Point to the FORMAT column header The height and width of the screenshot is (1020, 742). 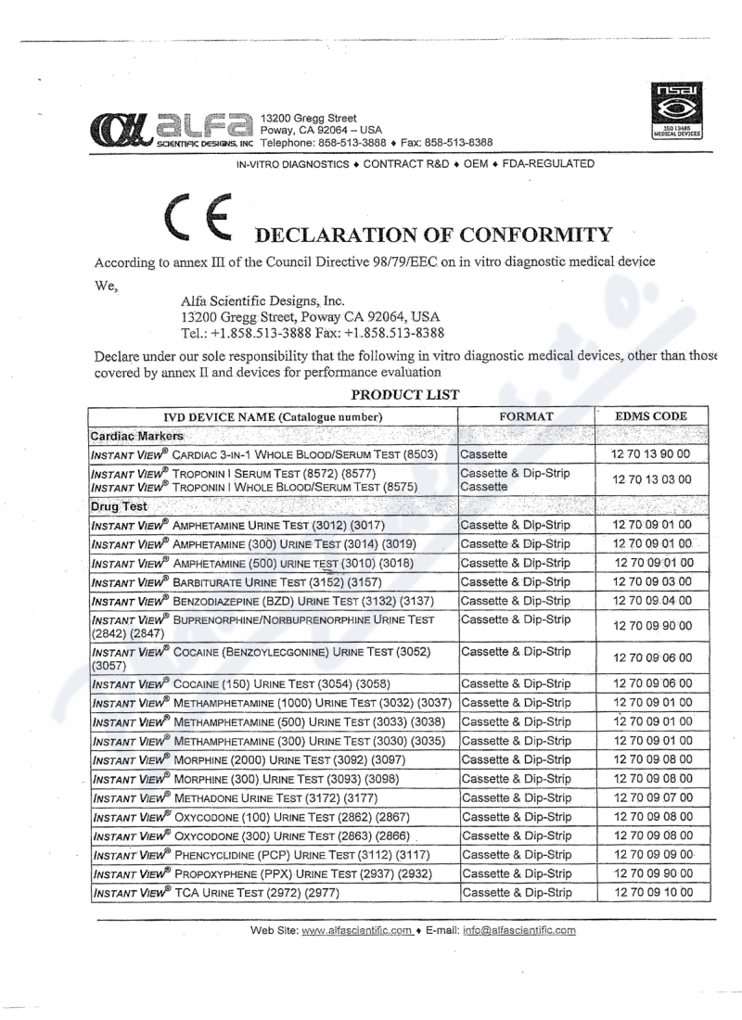527,416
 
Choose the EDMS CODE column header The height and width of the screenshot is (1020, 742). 658,416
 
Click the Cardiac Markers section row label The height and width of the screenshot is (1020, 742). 136,435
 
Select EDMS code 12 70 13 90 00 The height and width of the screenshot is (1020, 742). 658,454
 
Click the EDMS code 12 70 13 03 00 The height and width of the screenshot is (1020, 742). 658,480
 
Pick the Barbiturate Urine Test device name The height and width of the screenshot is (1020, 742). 259,582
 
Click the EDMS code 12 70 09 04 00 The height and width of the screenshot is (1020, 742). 658,601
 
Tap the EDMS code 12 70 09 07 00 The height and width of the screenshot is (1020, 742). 658,797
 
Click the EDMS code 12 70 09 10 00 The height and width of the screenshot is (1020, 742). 658,893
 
